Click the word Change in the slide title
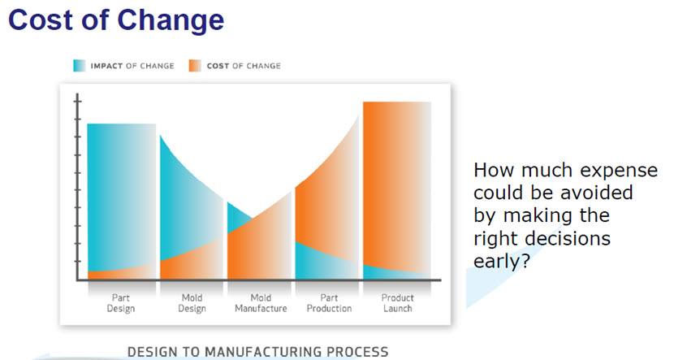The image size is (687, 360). (x=171, y=21)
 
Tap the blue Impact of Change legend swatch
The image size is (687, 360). (x=80, y=66)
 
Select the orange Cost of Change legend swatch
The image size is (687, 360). (x=195, y=66)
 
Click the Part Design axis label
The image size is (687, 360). (x=121, y=303)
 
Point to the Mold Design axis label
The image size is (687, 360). (x=192, y=303)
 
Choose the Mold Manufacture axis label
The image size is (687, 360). (x=261, y=303)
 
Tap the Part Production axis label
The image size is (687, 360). (x=329, y=303)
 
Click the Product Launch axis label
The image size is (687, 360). (x=397, y=303)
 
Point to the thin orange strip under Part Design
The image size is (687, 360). (x=121, y=273)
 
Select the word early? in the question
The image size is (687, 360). (x=502, y=262)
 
